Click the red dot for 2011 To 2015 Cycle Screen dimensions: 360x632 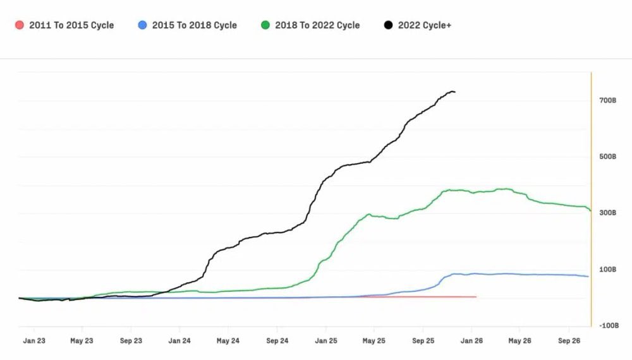click(x=19, y=25)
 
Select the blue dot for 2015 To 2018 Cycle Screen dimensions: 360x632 click(x=142, y=25)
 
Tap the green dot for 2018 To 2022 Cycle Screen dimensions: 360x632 click(x=265, y=25)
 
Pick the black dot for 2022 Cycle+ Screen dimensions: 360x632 click(x=388, y=25)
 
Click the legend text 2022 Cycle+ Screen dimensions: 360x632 click(x=424, y=25)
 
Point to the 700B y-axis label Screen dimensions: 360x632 click(x=607, y=100)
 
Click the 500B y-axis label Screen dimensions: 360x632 click(x=607, y=157)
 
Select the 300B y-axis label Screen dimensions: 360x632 click(x=607, y=213)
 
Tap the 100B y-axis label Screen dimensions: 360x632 click(x=607, y=270)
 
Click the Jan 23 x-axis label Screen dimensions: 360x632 click(x=33, y=340)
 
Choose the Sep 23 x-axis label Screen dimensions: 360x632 click(x=131, y=340)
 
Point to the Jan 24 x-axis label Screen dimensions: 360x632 click(x=179, y=340)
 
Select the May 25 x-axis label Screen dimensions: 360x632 click(x=374, y=340)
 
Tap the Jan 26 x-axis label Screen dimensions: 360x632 click(x=471, y=340)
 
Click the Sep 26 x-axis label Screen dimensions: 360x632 click(x=569, y=340)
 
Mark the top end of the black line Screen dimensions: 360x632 click(x=454, y=92)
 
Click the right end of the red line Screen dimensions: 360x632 click(x=475, y=296)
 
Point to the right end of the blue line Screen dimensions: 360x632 click(x=588, y=276)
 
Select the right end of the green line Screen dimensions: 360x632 click(x=591, y=210)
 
